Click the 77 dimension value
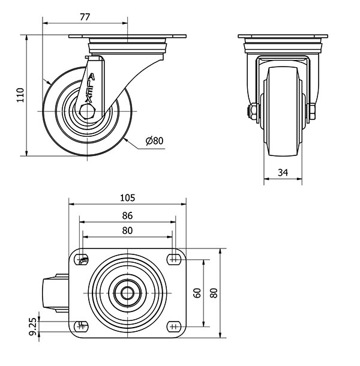[85, 17]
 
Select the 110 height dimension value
[20, 95]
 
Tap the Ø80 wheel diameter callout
[155, 141]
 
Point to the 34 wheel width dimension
[283, 172]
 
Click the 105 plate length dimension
[127, 198]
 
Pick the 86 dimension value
[127, 215]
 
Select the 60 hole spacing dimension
[197, 293]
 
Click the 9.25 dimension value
[33, 326]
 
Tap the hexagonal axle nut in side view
[87, 112]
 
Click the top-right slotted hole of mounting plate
[174, 259]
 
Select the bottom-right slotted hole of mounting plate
[174, 326]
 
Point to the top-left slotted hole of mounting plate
[81, 259]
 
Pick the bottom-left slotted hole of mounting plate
[81, 326]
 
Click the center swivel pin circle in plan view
[128, 293]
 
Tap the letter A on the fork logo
[92, 77]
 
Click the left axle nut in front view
[253, 112]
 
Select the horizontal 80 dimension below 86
[127, 230]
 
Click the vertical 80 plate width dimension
[214, 293]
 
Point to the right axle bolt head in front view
[311, 112]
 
